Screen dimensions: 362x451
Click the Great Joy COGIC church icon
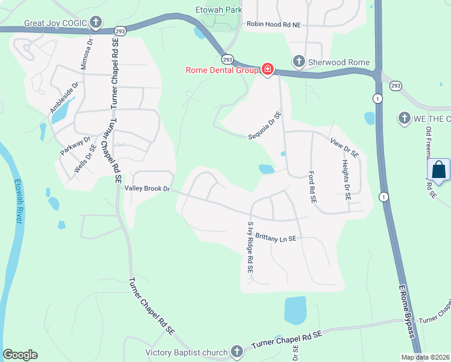pos(95,23)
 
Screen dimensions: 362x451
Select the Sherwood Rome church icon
pos(298,61)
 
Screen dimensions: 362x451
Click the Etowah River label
pos(18,202)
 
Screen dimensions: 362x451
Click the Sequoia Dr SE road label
pos(265,125)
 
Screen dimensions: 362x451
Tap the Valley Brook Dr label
pos(148,189)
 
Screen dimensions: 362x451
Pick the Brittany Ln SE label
pos(276,238)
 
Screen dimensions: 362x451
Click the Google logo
pos(20,355)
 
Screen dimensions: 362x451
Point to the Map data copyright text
pos(425,357)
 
